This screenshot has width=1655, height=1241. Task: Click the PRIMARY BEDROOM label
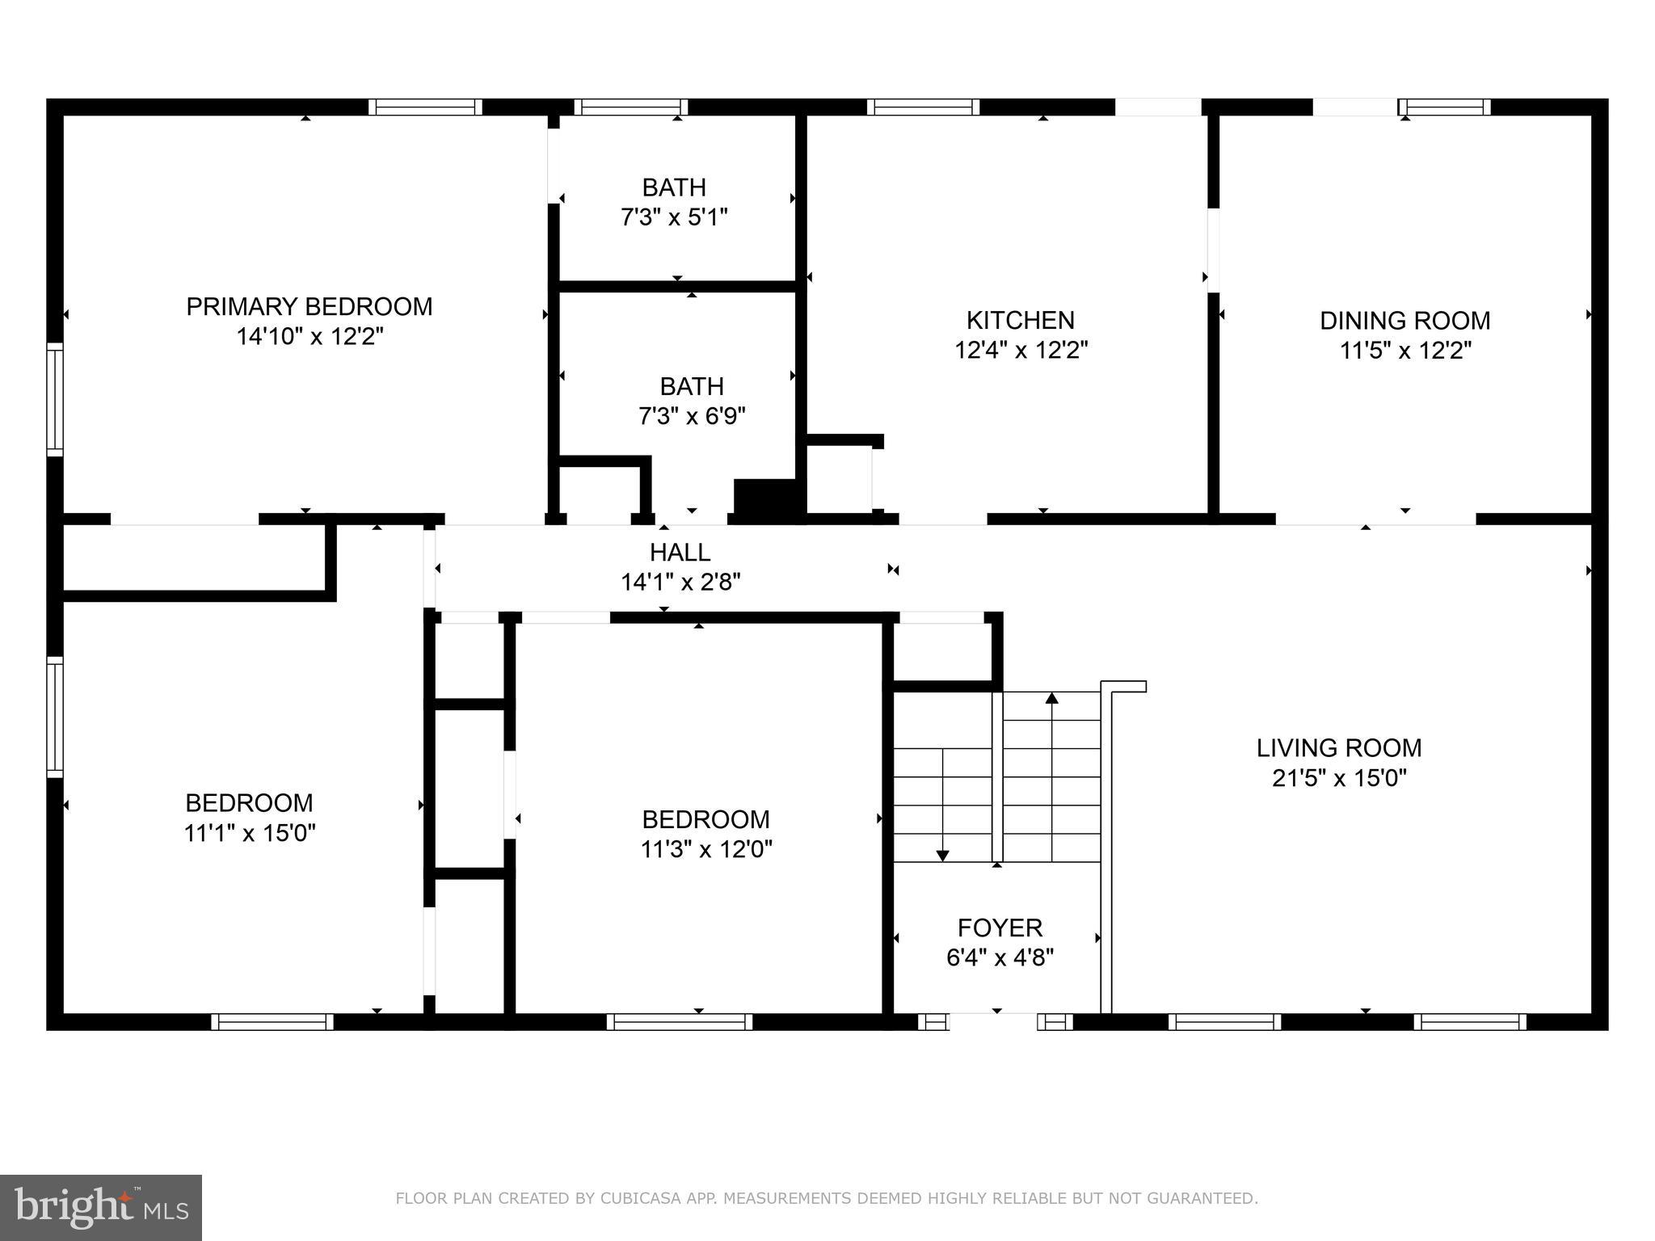310,307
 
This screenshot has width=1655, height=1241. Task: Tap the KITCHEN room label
1021,321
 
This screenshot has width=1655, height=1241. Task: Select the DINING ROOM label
1405,321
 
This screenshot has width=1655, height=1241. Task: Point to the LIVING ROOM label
1339,748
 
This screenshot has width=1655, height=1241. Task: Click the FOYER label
1000,928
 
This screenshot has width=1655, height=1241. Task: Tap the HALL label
680,553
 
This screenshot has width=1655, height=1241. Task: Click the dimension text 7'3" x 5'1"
675,217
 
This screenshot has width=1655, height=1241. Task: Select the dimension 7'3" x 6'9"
692,416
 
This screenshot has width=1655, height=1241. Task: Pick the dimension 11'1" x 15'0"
250,833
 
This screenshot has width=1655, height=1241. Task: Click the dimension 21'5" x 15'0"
1339,778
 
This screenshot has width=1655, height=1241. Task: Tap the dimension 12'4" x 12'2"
1021,351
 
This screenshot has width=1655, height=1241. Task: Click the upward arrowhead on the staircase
1051,697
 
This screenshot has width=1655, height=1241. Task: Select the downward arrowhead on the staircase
942,856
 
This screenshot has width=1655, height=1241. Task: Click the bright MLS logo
101,1208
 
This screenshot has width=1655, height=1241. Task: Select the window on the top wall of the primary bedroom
425,107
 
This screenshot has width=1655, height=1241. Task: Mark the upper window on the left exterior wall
54,399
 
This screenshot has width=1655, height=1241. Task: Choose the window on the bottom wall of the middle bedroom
680,1022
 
